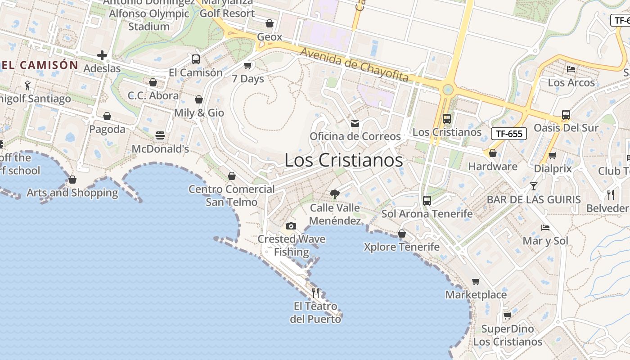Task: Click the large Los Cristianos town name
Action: tap(344, 160)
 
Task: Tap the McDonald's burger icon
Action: tap(160, 135)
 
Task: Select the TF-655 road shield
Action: tap(508, 133)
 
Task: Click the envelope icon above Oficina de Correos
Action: tap(355, 123)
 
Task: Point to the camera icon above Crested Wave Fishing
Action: tap(291, 226)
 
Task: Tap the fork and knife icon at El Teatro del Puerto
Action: tap(315, 293)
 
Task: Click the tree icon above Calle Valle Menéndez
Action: tap(334, 194)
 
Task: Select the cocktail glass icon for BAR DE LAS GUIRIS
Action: tap(533, 186)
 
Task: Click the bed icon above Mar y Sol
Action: tap(545, 228)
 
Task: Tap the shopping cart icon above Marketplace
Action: tap(476, 282)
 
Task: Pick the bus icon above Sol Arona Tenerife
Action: tap(427, 200)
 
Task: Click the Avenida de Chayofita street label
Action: tap(355, 65)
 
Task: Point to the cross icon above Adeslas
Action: tap(102, 55)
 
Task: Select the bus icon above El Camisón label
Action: tap(196, 59)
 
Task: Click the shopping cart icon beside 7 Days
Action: tap(247, 66)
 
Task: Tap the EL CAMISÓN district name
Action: tap(40, 65)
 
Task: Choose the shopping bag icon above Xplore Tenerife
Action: tap(401, 234)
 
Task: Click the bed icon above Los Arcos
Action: tap(571, 69)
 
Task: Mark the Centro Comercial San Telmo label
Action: tap(232, 195)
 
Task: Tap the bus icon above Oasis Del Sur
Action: tap(566, 115)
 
